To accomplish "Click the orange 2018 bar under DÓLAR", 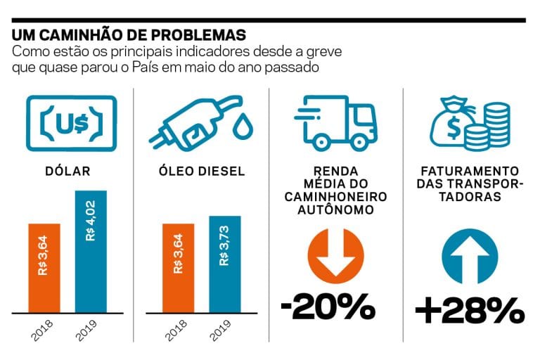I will (x=44, y=267).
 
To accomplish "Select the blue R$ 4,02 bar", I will (x=91, y=250).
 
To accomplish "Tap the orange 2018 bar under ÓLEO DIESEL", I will (x=177, y=267).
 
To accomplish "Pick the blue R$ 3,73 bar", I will (x=224, y=263).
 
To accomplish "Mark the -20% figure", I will (x=327, y=307).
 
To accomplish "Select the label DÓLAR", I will (x=67, y=170).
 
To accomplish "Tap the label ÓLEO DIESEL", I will (x=200, y=170).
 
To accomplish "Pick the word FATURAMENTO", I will (x=470, y=171).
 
